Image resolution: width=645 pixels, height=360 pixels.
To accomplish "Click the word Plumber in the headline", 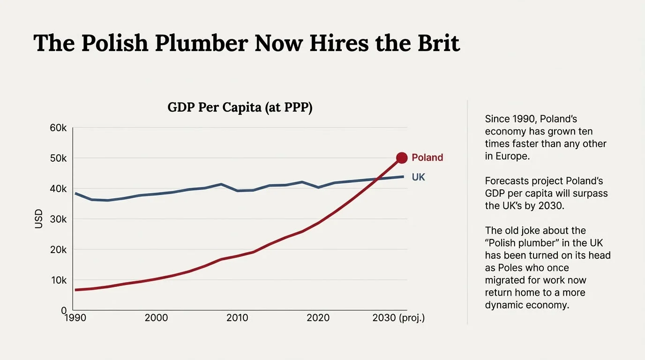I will (201, 43).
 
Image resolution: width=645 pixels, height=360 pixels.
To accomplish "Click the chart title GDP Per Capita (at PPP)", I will (240, 107).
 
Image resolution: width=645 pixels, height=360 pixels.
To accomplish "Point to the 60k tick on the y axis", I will (58, 128).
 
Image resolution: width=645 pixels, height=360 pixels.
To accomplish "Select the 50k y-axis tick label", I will (58, 158).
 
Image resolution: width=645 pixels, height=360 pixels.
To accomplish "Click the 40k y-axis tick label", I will (58, 189).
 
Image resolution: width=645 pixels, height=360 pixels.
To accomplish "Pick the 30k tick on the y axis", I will (58, 219).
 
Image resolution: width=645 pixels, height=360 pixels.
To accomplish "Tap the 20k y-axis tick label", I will (58, 250).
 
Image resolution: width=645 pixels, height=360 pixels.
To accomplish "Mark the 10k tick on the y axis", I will (58, 280).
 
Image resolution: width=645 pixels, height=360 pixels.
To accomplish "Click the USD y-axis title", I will (39, 219).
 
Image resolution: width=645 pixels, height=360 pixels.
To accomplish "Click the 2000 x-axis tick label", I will (156, 318).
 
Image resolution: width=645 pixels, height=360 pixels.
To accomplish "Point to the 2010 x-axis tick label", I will (237, 318).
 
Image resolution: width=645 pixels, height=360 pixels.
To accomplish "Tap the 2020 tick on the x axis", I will (318, 318).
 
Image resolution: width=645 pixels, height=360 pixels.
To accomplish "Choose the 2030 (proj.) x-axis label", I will (398, 318).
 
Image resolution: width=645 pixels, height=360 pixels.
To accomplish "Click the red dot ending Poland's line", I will (402, 158).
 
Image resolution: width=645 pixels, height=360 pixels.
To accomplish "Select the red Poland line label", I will (427, 158).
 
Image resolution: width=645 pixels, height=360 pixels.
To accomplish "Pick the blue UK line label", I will (418, 177).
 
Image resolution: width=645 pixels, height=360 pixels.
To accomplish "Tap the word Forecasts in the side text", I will (507, 181).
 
